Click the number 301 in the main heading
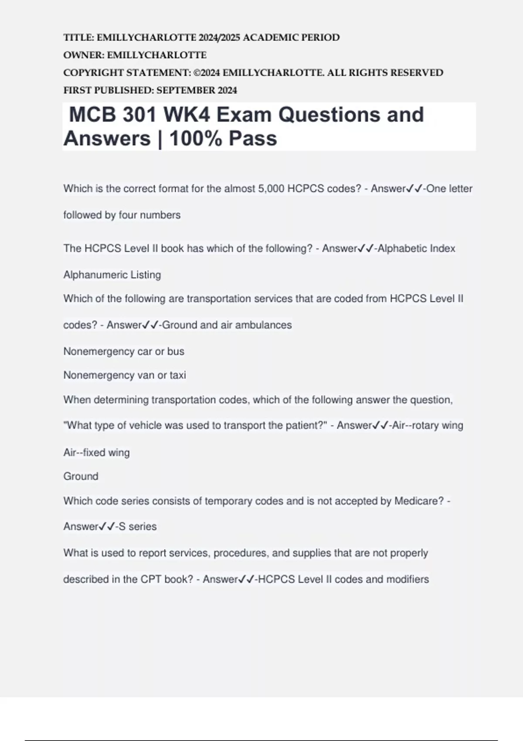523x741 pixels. click(x=139, y=115)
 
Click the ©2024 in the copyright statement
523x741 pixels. click(x=207, y=73)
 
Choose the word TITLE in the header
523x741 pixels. click(x=78, y=37)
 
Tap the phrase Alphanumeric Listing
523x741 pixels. click(x=112, y=275)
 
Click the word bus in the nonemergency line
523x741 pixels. click(x=176, y=351)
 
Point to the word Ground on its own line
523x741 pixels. click(x=81, y=476)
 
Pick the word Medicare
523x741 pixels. click(x=419, y=501)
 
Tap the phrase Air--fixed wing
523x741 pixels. click(x=96, y=453)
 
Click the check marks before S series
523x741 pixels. click(x=106, y=527)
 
